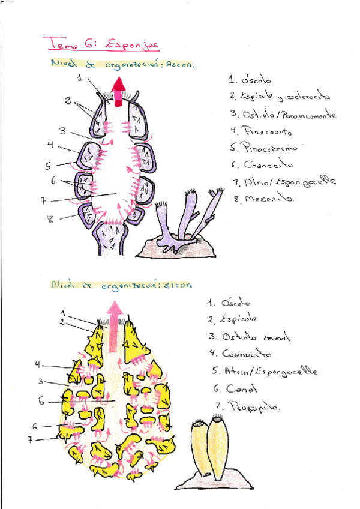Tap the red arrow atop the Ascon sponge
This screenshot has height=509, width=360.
click(118, 90)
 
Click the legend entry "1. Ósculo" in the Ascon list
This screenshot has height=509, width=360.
click(250, 79)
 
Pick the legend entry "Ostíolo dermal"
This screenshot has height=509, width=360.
click(248, 337)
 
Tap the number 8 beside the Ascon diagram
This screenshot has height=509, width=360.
click(50, 220)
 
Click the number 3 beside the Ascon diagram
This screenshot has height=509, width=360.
click(62, 131)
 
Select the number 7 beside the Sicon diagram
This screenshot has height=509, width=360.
click(29, 439)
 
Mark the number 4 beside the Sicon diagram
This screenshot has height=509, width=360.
click(37, 364)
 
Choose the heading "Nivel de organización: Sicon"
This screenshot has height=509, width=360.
click(121, 286)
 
